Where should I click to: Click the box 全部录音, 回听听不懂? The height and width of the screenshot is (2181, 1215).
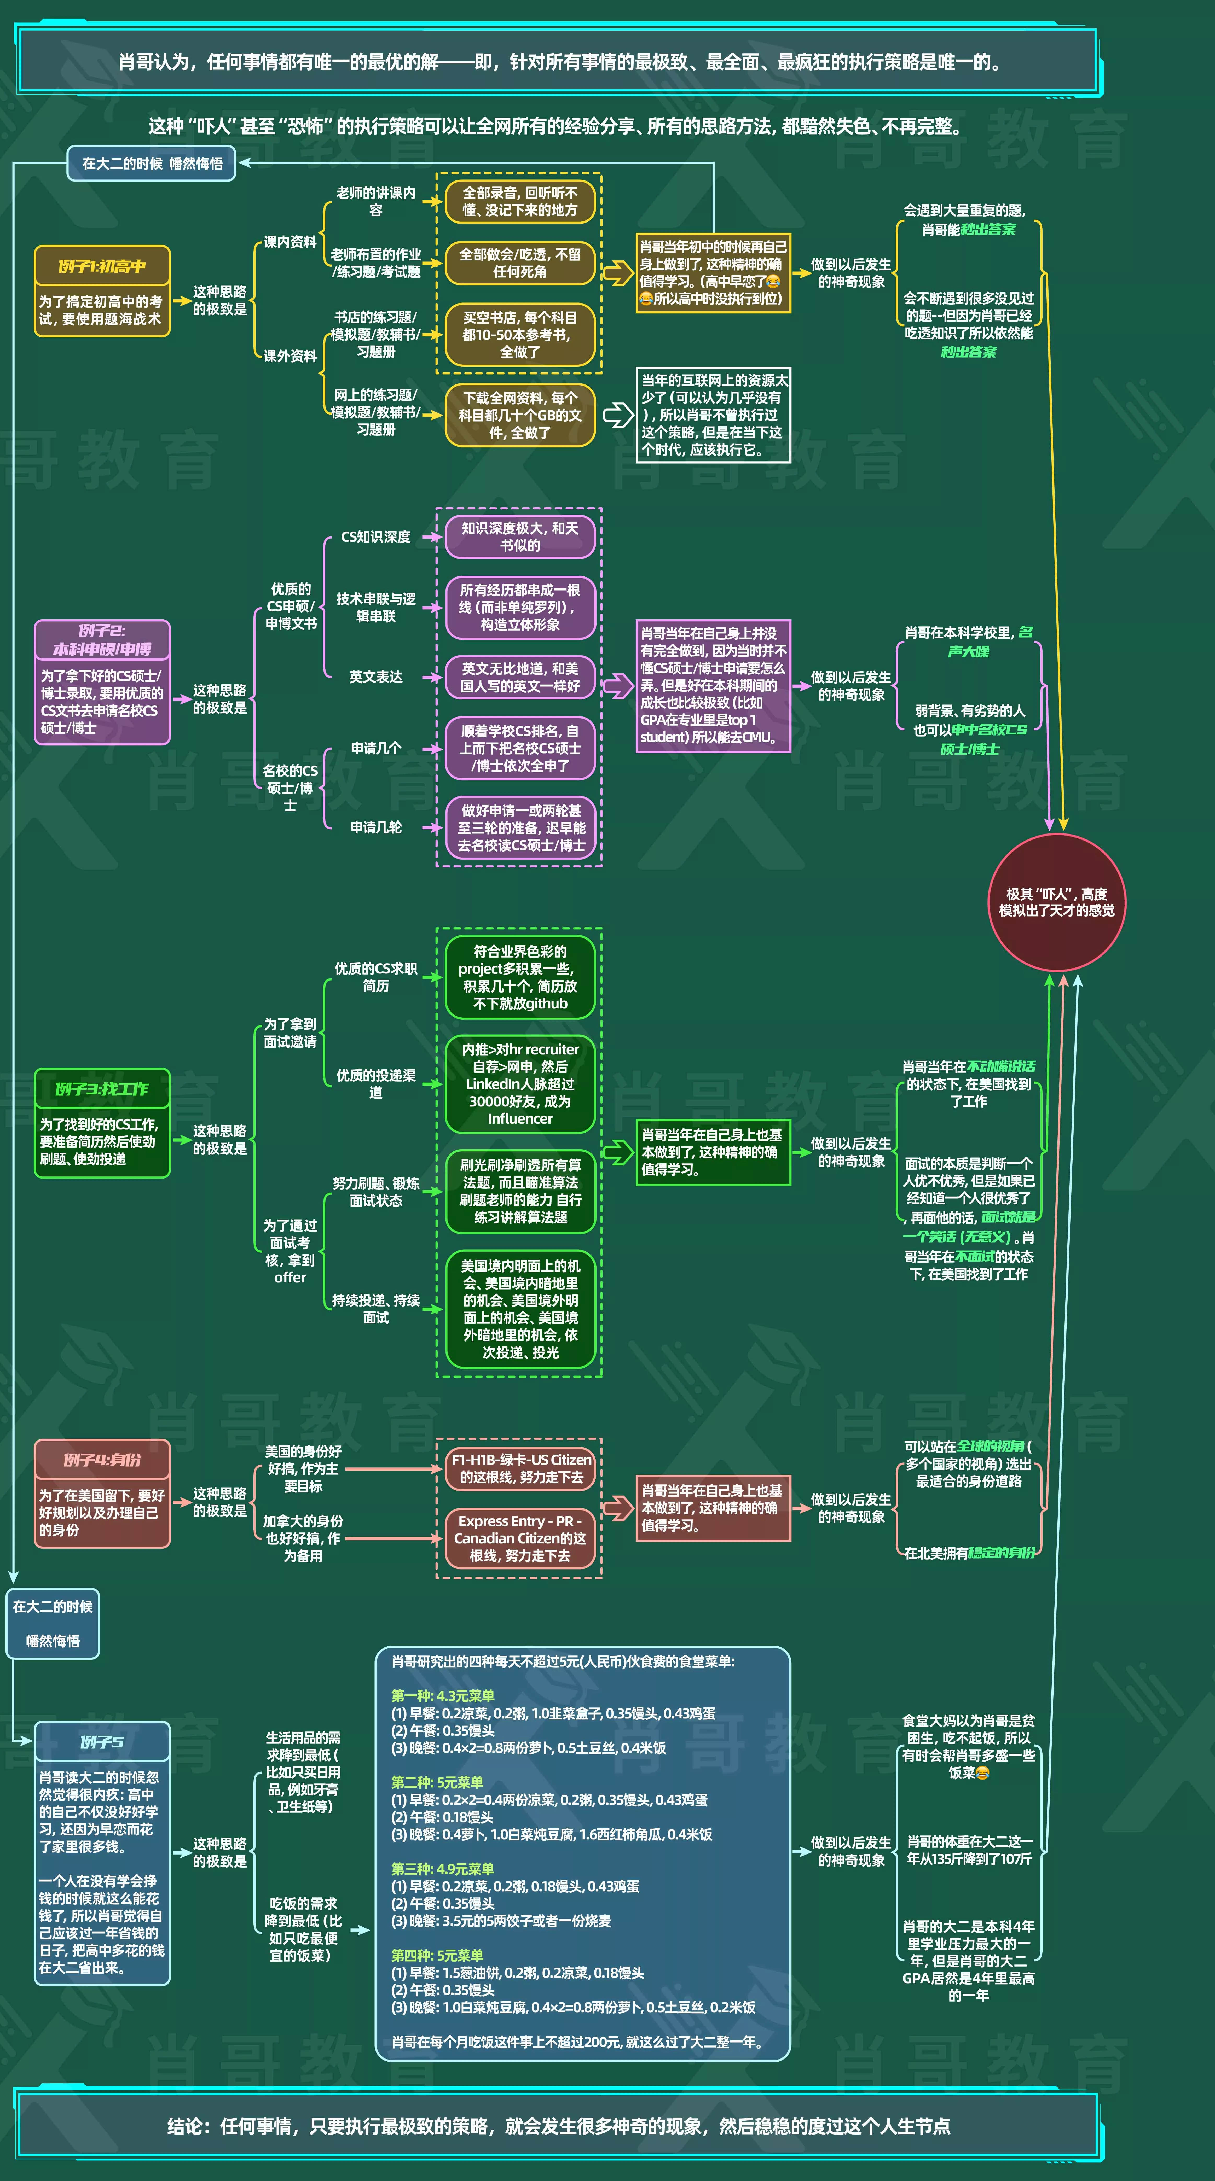pos(520,201)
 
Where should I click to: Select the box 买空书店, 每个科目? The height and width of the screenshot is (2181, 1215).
pos(520,334)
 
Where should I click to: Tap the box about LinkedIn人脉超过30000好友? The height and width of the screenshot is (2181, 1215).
pos(520,1084)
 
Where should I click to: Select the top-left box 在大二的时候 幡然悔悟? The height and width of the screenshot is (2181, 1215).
pos(152,164)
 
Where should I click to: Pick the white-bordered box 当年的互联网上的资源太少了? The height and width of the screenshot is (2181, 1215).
pos(713,415)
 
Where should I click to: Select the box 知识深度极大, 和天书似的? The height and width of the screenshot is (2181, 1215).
pos(520,537)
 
